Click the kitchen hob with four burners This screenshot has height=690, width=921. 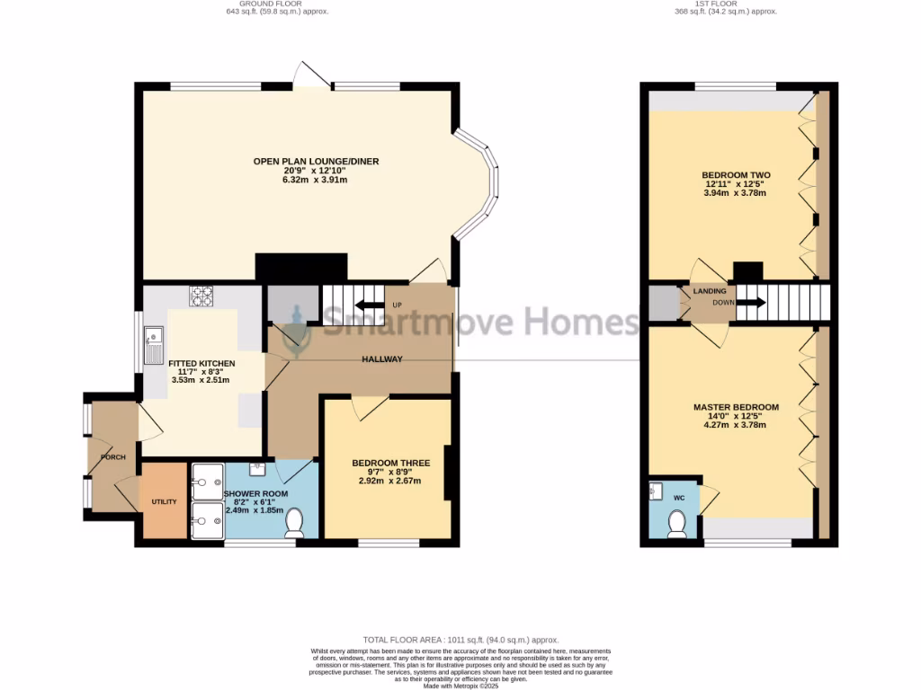click(200, 295)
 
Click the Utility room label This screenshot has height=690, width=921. click(164, 501)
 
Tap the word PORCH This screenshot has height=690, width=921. click(113, 457)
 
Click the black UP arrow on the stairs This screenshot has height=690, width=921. click(370, 305)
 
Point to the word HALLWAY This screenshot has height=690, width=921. click(382, 359)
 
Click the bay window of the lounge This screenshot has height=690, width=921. click(486, 184)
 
